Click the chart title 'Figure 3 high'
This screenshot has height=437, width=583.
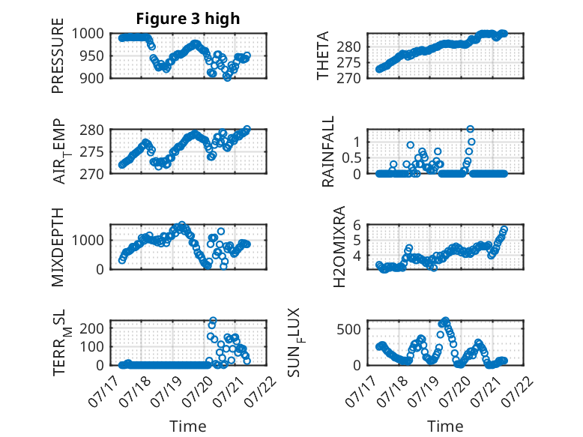(188, 19)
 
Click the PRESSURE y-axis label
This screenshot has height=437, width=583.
(58, 55)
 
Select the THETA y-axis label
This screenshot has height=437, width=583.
(323, 55)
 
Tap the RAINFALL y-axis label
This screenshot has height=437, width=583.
(328, 151)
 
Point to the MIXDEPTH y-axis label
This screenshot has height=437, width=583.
(58, 247)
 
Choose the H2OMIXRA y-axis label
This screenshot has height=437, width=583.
(339, 247)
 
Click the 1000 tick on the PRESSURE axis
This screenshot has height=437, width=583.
(88, 34)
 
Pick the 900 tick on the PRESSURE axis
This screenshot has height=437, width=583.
(92, 78)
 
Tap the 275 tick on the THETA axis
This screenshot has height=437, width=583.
(348, 62)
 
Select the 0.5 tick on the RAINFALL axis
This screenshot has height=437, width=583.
(351, 158)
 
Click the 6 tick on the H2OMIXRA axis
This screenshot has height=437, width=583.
(357, 225)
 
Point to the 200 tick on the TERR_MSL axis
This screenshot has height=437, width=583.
(92, 328)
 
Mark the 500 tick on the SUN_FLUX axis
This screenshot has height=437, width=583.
(349, 329)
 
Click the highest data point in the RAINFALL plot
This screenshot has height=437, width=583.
(471, 129)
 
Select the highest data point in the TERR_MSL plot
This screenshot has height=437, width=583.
(213, 320)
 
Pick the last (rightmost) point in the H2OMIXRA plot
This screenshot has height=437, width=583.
(504, 229)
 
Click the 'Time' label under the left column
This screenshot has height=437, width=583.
(188, 427)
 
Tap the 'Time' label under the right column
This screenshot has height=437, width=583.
(445, 427)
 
